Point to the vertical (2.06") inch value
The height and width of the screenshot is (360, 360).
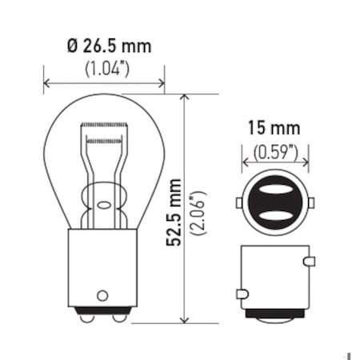click(x=198, y=211)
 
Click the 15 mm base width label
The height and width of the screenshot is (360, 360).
click(x=274, y=127)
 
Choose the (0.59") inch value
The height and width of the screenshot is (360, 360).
click(x=274, y=150)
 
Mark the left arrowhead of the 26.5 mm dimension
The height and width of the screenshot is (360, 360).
click(x=46, y=82)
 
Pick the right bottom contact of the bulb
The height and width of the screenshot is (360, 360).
click(x=118, y=318)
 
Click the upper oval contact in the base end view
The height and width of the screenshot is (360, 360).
click(x=274, y=192)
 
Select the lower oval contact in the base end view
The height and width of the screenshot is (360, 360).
click(x=274, y=215)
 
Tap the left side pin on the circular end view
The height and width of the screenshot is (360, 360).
click(x=238, y=203)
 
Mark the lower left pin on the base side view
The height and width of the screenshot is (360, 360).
click(x=240, y=294)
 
